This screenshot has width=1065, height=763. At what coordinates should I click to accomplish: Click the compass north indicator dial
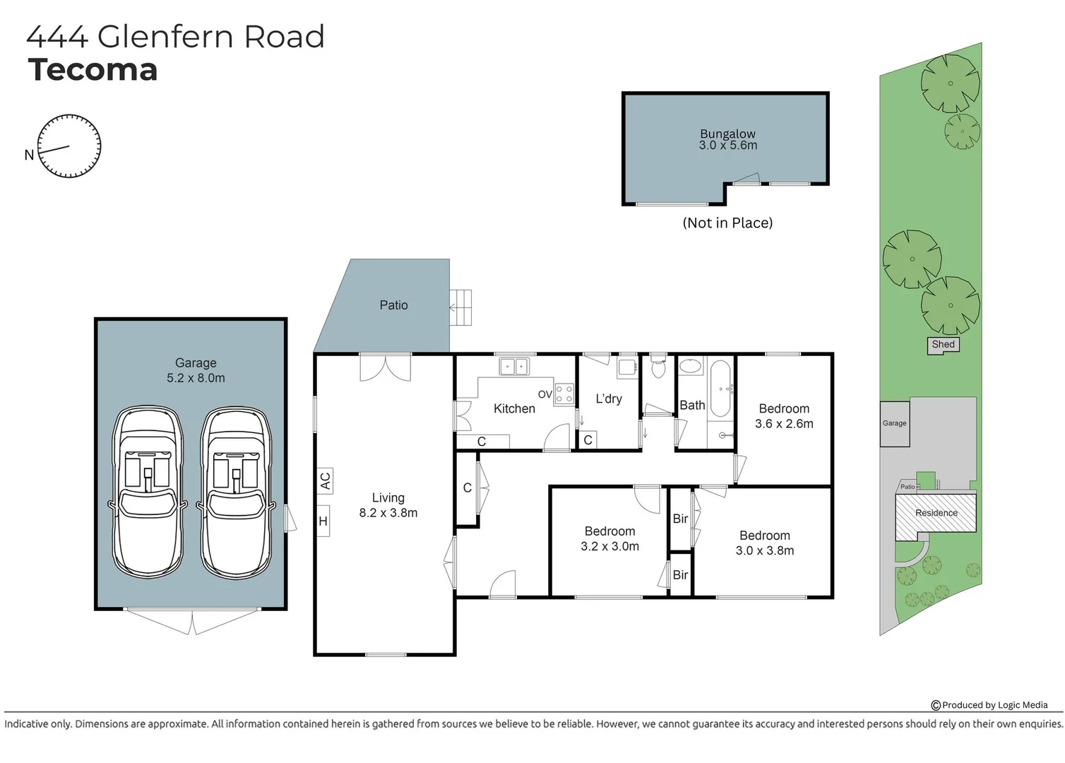pos(69,146)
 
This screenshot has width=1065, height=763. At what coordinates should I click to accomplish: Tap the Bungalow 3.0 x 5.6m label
pos(727,139)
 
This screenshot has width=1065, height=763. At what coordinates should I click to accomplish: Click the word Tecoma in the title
pos(93,70)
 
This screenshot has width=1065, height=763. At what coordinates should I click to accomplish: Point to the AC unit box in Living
pos(324,480)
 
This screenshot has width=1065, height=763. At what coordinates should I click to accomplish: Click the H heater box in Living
pos(323,521)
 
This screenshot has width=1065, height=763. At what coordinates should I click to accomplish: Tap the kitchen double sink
pos(513,367)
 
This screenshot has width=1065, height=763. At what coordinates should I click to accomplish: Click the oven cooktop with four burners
pos(564,394)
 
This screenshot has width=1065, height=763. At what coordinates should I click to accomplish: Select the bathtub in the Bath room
pos(721,389)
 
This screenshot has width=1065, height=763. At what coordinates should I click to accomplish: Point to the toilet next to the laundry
pos(658,367)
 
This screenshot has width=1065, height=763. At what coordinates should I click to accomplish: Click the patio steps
pos(461,307)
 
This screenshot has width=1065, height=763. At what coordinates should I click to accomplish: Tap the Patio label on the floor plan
pos(393,305)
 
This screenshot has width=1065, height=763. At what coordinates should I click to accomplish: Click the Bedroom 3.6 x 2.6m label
pos(784,416)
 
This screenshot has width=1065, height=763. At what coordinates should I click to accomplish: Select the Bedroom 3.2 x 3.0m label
pos(609,538)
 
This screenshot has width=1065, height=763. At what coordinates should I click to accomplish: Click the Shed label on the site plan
pos(943,345)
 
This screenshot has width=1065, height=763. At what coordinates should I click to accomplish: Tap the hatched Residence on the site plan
pos(936,514)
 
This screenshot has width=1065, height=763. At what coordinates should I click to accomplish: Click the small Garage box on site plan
pos(894,424)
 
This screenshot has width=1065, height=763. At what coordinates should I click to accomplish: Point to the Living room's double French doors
pos(385,367)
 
